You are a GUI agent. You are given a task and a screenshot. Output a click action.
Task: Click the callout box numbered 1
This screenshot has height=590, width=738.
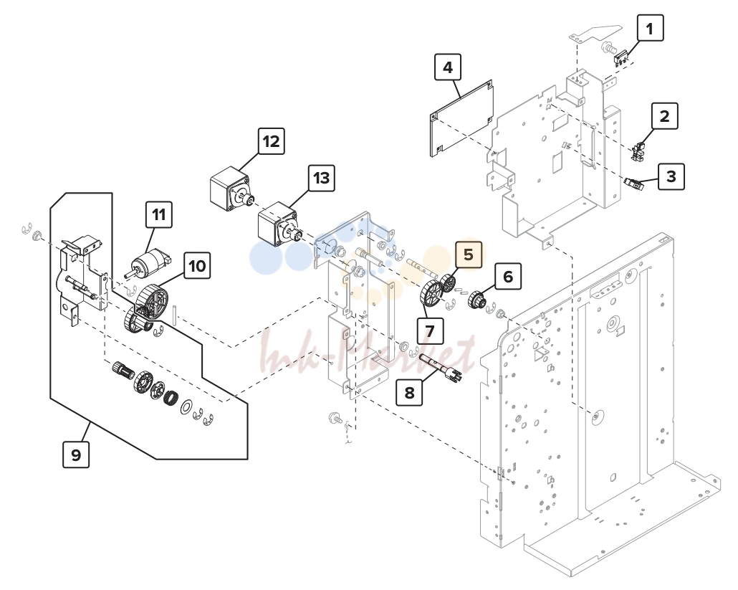(x=650, y=28)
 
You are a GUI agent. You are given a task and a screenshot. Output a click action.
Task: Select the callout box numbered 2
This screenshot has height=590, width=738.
(x=665, y=116)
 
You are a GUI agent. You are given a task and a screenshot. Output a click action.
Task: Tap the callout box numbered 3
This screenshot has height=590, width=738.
(x=671, y=176)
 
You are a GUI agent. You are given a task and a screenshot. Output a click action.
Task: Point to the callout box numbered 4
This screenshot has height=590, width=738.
(x=448, y=67)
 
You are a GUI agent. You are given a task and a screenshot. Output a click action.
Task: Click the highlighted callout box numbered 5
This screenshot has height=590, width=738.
(x=469, y=254)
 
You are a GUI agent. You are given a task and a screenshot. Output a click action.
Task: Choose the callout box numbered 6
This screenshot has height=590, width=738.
(x=508, y=276)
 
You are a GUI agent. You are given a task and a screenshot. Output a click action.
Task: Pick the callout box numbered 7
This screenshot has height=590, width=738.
(x=430, y=330)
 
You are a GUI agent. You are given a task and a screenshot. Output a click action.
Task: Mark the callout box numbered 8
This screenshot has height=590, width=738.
(x=409, y=391)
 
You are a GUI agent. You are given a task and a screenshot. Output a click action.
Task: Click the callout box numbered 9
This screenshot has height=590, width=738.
(x=76, y=455)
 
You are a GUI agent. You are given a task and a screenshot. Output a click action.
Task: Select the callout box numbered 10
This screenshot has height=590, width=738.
(x=197, y=265)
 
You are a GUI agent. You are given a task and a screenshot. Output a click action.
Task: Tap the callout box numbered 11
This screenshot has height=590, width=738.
(x=159, y=214)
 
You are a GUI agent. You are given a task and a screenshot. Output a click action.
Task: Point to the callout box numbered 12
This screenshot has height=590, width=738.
(x=271, y=141)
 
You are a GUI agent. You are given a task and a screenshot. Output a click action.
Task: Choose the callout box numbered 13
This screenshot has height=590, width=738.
(x=322, y=178)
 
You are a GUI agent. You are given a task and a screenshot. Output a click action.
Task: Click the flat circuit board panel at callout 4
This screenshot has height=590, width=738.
(x=461, y=118)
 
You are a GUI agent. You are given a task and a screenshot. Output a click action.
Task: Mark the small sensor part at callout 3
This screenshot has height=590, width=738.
(x=633, y=184)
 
